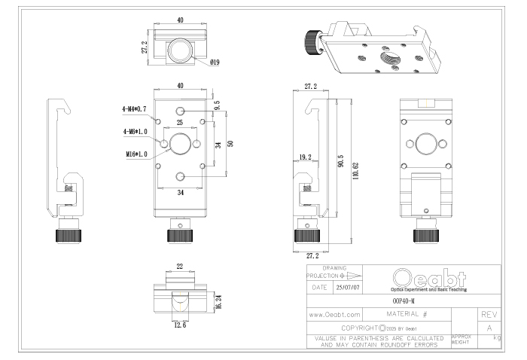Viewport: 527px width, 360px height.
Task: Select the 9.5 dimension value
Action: tap(218, 105)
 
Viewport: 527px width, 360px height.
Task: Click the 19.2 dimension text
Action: tap(306, 157)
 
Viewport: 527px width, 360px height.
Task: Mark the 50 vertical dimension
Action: tap(230, 143)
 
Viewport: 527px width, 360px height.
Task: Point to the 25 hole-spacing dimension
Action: tap(180, 122)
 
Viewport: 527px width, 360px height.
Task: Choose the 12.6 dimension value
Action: tap(180, 326)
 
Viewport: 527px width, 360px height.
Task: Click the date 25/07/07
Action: tap(349, 287)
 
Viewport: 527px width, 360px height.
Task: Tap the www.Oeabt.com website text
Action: tap(336, 313)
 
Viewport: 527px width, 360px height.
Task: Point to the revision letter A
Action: tap(489, 328)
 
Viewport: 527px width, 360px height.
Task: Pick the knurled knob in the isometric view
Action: tap(311, 38)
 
